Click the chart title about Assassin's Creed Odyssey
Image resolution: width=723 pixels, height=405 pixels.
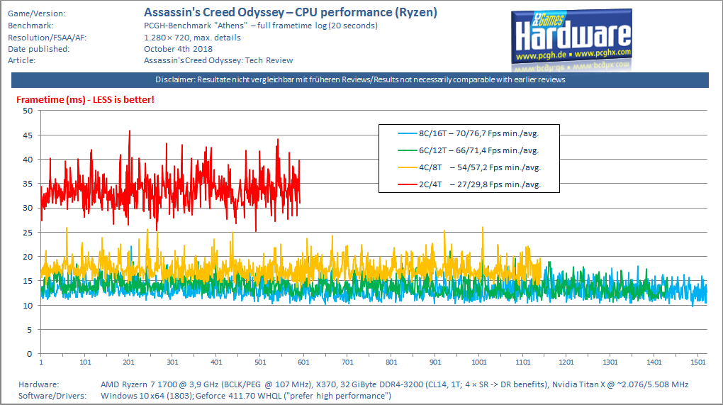[x=291, y=13]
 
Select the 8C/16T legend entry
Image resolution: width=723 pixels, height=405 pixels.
[x=469, y=134]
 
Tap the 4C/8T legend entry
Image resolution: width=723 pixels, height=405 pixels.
[x=469, y=167]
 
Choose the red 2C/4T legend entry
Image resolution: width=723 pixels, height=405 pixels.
[x=469, y=184]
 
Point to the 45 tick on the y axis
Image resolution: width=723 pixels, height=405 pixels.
[x=28, y=135]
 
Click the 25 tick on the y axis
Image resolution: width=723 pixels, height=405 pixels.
[x=28, y=233]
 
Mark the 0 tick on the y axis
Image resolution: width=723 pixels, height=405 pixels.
[x=30, y=354]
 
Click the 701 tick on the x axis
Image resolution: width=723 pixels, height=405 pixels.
[x=347, y=362]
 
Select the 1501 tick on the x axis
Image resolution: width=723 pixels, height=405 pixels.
[x=698, y=362]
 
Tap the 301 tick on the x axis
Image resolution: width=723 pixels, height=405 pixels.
[x=172, y=362]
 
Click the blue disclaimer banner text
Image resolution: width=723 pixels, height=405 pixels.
[x=360, y=80]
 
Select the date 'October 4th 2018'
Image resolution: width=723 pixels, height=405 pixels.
[x=179, y=49]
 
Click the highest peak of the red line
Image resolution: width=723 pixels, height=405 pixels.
[x=130, y=131]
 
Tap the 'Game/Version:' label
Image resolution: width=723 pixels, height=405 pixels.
[x=36, y=14]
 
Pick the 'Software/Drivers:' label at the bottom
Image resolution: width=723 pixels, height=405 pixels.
[x=52, y=396]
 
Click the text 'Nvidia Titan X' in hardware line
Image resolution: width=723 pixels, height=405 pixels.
[x=583, y=384]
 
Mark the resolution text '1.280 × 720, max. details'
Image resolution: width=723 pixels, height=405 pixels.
[x=192, y=38]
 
